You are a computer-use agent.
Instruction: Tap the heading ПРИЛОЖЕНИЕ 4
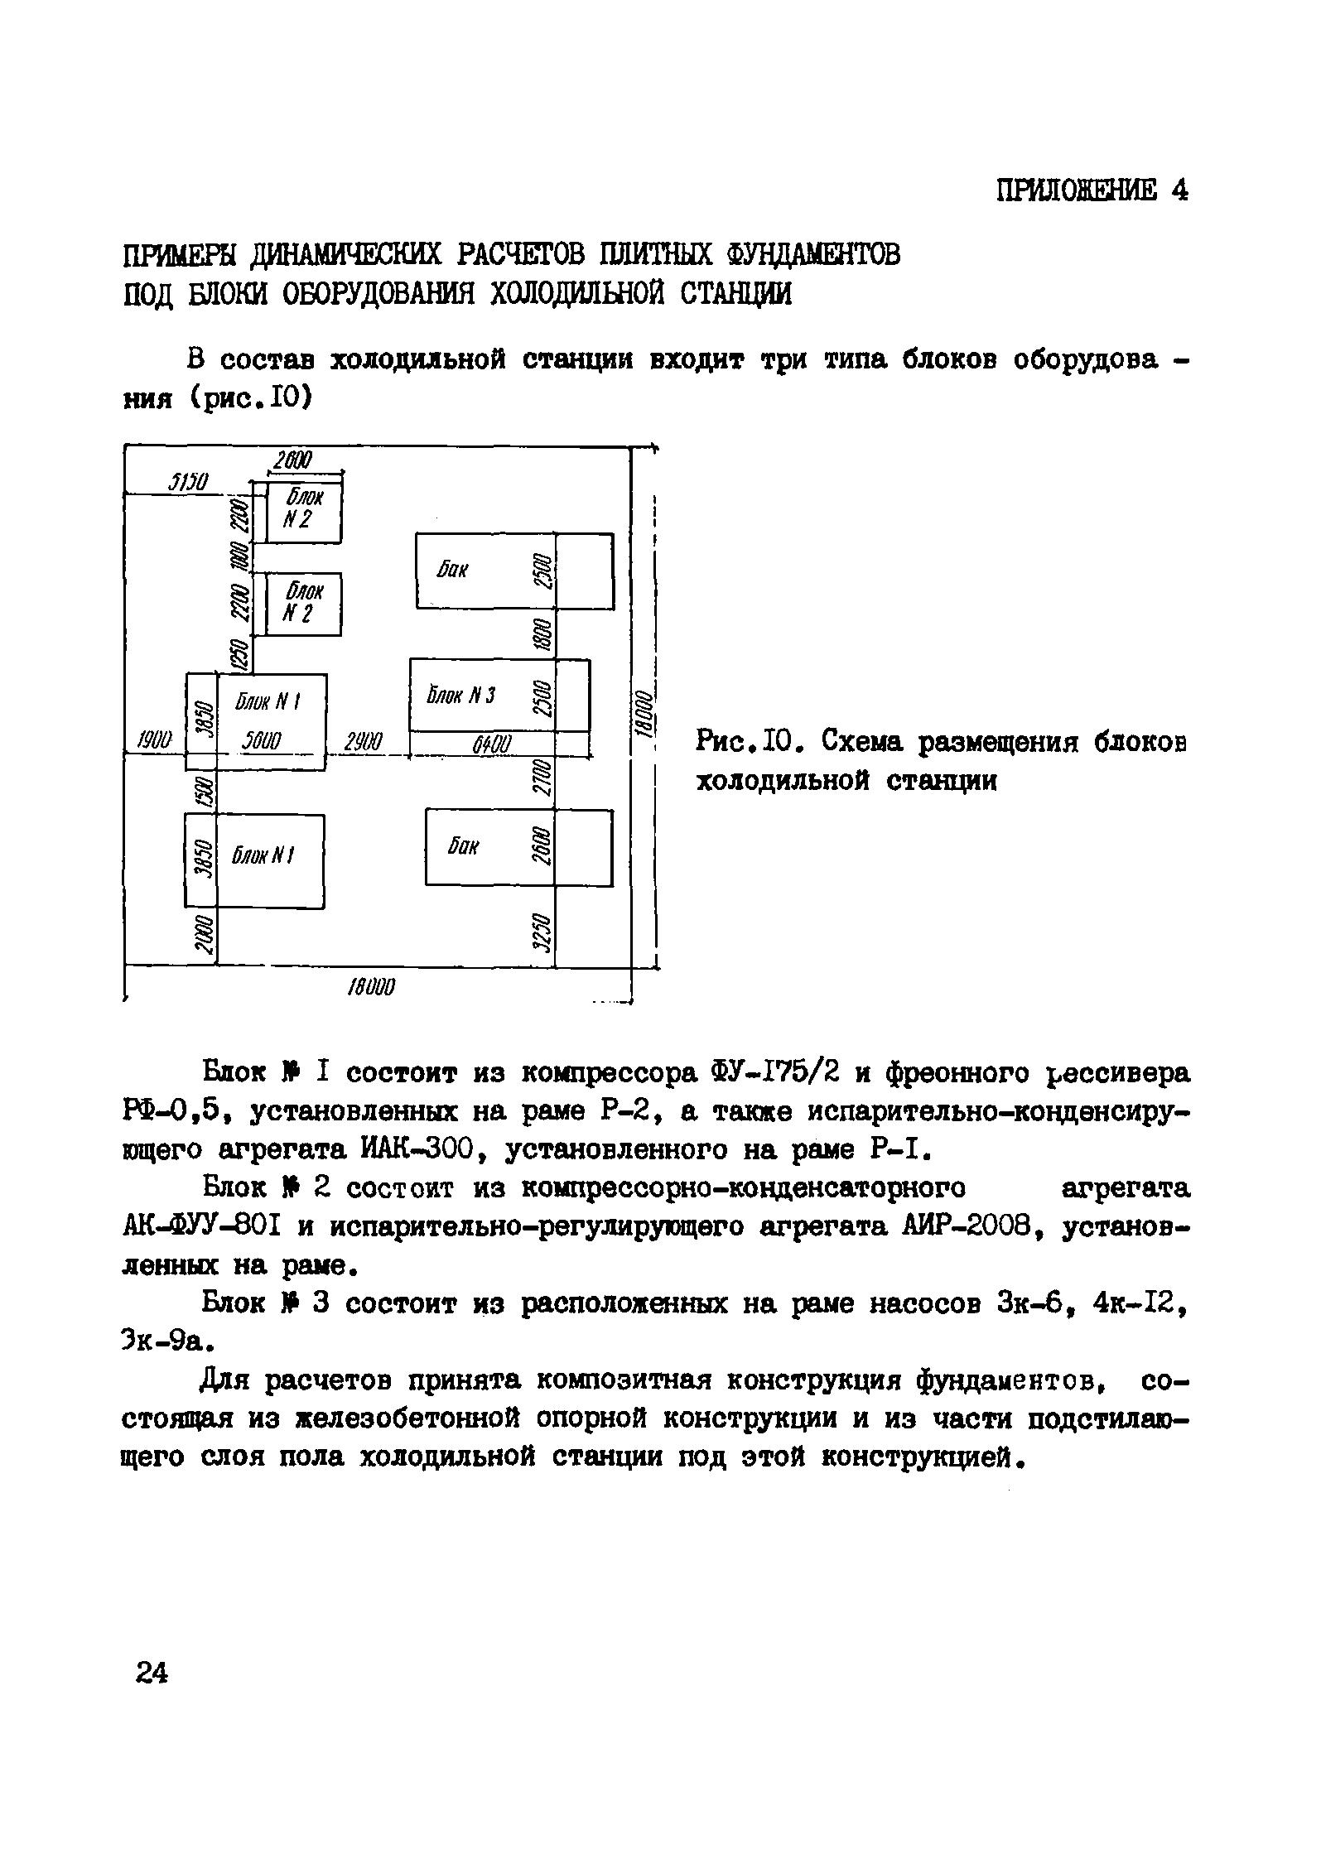[1092, 191]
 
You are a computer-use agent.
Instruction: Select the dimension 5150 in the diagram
[190, 483]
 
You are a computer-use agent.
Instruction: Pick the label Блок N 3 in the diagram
[460, 696]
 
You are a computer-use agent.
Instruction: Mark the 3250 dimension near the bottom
[543, 933]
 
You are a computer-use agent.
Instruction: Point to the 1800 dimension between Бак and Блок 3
[543, 636]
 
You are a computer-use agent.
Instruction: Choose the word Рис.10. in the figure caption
[750, 741]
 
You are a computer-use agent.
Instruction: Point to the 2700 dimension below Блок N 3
[543, 775]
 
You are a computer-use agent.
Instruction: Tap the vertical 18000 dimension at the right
[647, 713]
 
